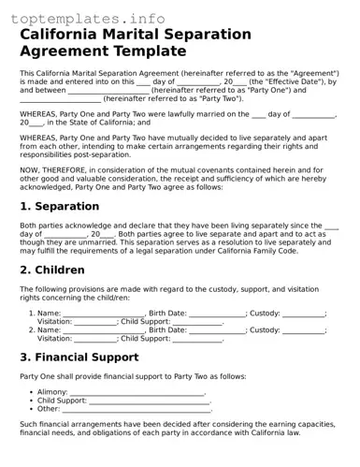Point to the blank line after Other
pos(137,409)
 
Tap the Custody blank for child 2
pos(304,330)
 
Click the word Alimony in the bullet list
pos(51,392)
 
